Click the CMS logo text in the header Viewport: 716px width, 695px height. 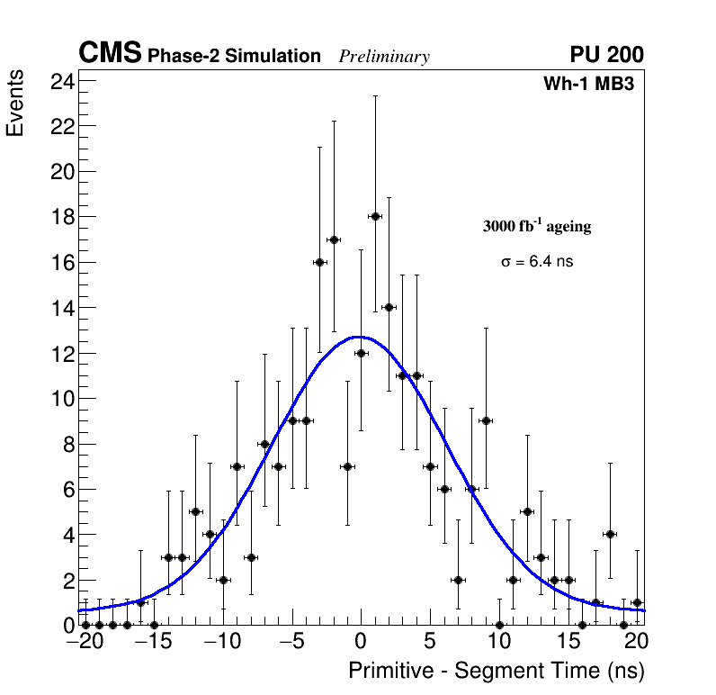pos(110,54)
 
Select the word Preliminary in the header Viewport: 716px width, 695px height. pos(384,57)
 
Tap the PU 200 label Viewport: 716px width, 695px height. pos(606,55)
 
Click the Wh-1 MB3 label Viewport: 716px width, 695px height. pos(595,85)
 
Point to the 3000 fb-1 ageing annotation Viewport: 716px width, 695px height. pos(537,227)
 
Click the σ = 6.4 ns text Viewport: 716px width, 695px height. pos(537,262)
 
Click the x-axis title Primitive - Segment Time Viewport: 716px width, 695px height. pos(497,671)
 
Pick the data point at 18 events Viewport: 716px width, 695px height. pos(375,216)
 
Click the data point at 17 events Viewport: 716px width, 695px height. pos(334,239)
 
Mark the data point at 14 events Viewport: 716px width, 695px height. pos(389,307)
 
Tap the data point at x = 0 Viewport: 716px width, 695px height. pos(361,353)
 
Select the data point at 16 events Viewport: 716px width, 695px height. pos(319,262)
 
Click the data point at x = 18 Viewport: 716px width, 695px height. pos(610,534)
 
